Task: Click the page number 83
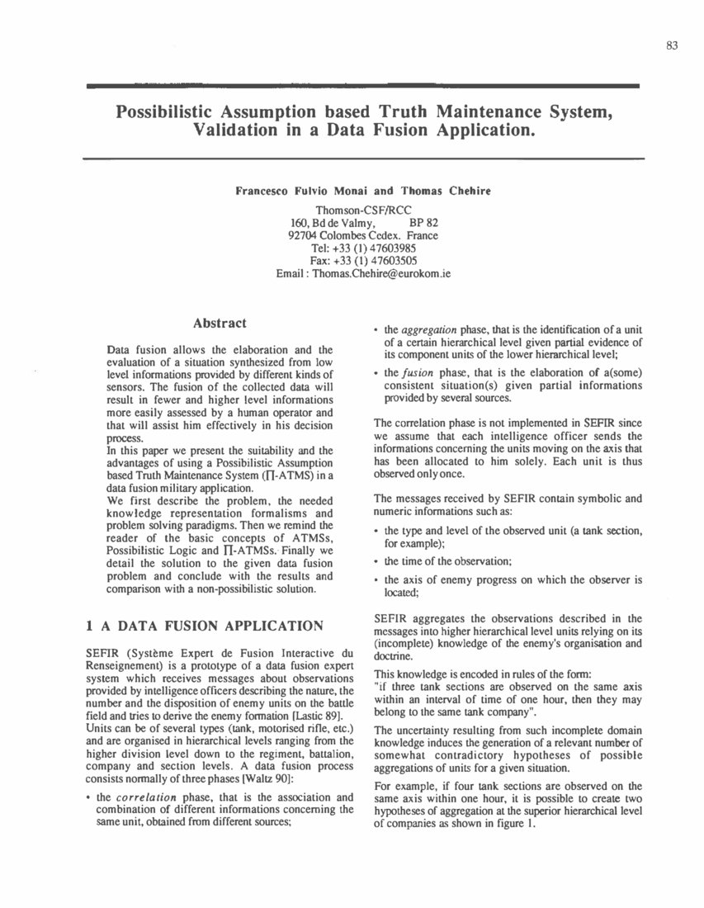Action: (671, 46)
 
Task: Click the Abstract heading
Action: (219, 324)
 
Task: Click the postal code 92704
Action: (302, 235)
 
